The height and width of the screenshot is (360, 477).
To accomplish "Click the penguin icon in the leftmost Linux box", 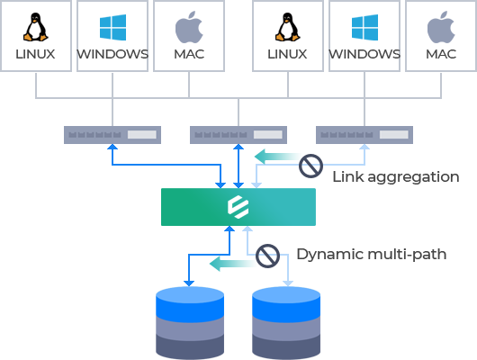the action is pyautogui.click(x=36, y=27).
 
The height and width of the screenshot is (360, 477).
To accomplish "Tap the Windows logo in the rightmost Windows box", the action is pyautogui.click(x=364, y=27).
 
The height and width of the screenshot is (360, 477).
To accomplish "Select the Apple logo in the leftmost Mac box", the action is pyautogui.click(x=189, y=27).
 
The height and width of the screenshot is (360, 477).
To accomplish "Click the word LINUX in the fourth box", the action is pyautogui.click(x=287, y=54).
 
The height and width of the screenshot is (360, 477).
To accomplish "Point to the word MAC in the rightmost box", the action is pyautogui.click(x=441, y=54).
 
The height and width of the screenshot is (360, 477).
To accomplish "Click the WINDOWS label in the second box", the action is pyautogui.click(x=112, y=54).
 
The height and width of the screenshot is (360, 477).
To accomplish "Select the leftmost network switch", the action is pyautogui.click(x=112, y=135).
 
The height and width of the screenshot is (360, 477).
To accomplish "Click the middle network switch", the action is pyautogui.click(x=238, y=135).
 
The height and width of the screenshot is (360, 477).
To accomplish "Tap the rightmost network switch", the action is pyautogui.click(x=364, y=135).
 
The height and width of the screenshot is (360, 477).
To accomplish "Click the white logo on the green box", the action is pyautogui.click(x=238, y=207).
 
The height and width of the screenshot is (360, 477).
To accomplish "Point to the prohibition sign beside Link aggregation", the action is pyautogui.click(x=310, y=166).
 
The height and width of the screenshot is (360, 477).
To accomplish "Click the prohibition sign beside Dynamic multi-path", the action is pyautogui.click(x=267, y=256).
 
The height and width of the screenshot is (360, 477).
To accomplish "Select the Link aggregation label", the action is pyautogui.click(x=396, y=176).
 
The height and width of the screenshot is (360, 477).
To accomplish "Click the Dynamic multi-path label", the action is pyautogui.click(x=372, y=254).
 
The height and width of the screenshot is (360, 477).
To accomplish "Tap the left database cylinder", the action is pyautogui.click(x=190, y=322).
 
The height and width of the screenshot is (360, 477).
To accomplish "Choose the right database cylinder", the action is pyautogui.click(x=286, y=322).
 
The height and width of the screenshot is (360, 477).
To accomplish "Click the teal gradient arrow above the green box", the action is pyautogui.click(x=276, y=157).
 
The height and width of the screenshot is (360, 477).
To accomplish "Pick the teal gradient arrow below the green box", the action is pyautogui.click(x=232, y=264).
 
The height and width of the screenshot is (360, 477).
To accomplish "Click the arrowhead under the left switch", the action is pyautogui.click(x=112, y=147).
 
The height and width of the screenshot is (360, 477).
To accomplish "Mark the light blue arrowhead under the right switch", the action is pyautogui.click(x=364, y=147).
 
